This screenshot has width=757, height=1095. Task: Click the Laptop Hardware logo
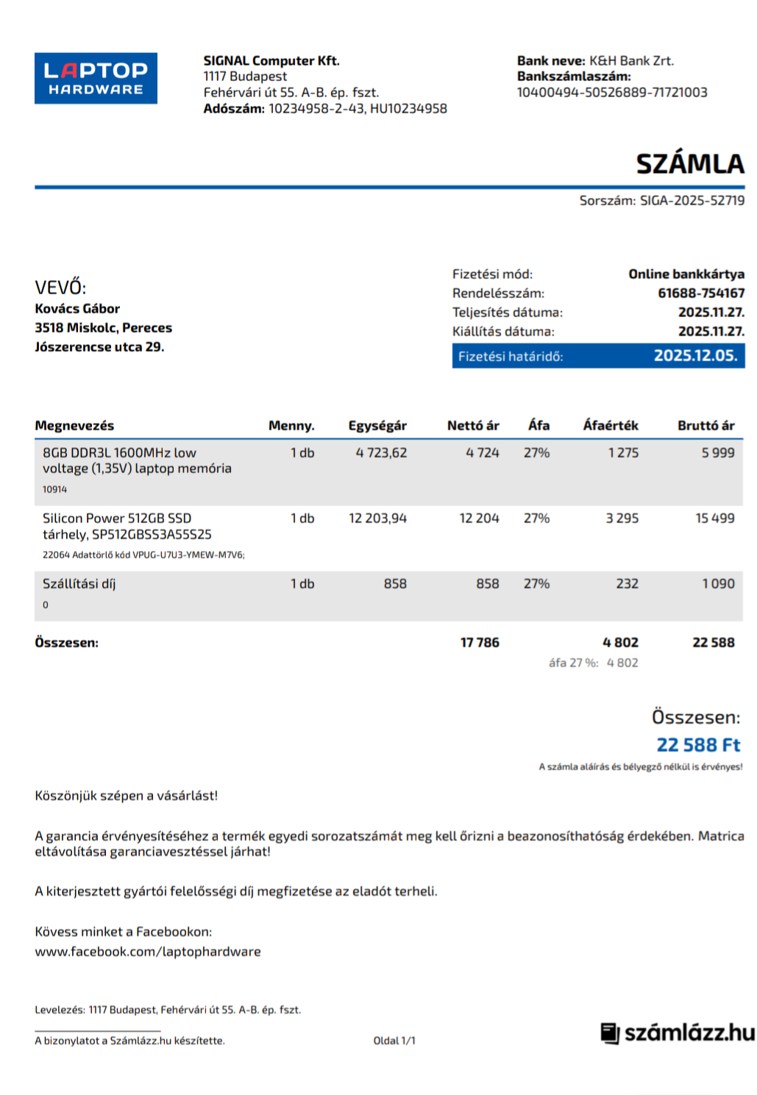(96, 78)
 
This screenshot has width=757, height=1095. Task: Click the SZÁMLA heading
(689, 163)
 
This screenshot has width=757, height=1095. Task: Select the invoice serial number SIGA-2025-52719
(692, 200)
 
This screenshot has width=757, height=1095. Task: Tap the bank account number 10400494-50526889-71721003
(611, 93)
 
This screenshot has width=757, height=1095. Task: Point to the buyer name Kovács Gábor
(77, 309)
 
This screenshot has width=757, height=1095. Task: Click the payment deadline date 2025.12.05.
(695, 356)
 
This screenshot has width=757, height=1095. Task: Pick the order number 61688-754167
(700, 293)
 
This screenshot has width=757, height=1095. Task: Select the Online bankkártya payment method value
(686, 274)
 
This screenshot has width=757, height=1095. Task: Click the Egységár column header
(377, 426)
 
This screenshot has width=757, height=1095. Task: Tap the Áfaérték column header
(610, 426)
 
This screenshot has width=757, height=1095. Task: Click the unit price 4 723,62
(381, 453)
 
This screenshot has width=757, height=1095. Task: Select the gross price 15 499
(714, 518)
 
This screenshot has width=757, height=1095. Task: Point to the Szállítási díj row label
(79, 584)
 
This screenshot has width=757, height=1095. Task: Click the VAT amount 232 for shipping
(627, 584)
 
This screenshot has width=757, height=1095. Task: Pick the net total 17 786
(480, 643)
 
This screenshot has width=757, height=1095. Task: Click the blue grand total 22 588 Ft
(697, 745)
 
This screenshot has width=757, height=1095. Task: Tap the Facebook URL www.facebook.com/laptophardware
(148, 952)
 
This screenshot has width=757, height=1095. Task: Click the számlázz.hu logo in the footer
(678, 1033)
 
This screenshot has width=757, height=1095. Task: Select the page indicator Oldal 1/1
(394, 1041)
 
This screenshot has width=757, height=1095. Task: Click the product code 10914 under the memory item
(54, 490)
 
